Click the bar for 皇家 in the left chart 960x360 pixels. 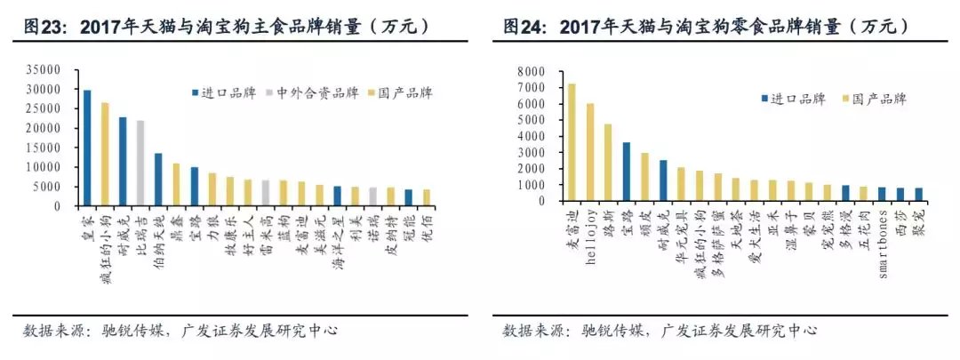[x=87, y=148]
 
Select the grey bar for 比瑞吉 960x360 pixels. [x=140, y=163]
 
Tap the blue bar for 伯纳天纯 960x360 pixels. [x=158, y=179]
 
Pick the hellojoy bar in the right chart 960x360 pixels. [x=589, y=151]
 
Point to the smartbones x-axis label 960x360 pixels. [x=882, y=236]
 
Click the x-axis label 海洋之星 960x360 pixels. [x=337, y=236]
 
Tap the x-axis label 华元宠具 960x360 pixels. [x=681, y=235]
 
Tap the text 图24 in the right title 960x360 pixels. [x=523, y=27]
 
